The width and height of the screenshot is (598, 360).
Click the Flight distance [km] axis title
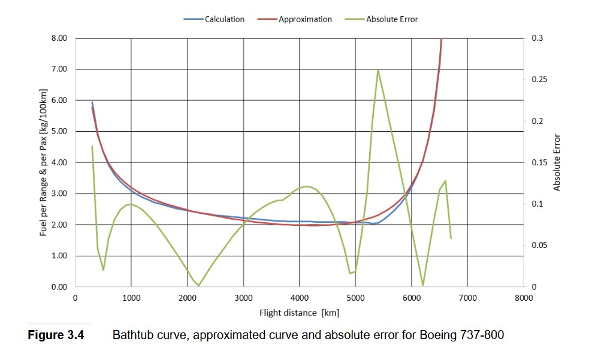tap(299, 313)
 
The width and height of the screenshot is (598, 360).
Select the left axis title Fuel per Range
tap(44, 162)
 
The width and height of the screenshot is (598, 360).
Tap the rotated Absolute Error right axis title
tap(557, 162)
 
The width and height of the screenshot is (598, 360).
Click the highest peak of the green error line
tap(377, 70)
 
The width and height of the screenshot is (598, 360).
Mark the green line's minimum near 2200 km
tap(198, 285)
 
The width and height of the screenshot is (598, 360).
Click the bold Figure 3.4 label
tap(56, 334)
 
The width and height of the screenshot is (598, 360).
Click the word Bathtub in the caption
tap(131, 334)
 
